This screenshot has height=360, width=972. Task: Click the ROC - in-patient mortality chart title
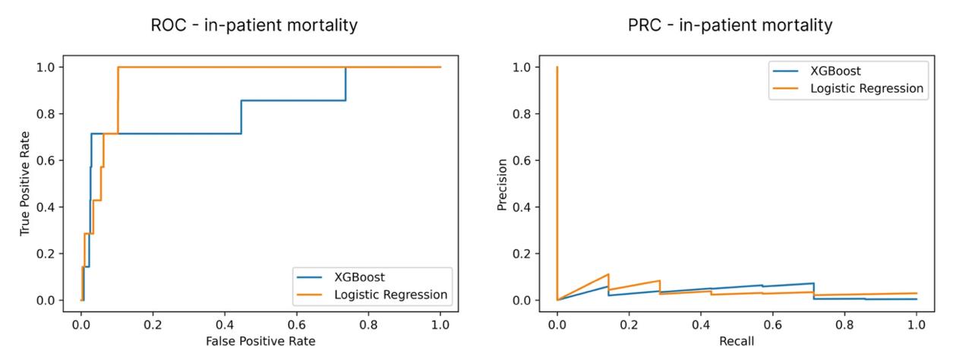pos(253,25)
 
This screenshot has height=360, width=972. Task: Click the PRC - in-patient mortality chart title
pos(730,25)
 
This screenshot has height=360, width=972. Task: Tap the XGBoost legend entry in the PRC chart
pos(835,71)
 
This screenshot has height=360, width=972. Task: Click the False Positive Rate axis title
pos(260,342)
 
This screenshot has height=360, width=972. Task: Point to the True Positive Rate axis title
pos(26,183)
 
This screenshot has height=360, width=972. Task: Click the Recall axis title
pos(737,342)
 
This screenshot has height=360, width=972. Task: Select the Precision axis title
pos(502,183)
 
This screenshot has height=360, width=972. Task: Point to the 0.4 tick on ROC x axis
pos(225,321)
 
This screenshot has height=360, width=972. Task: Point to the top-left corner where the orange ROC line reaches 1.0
pos(118,67)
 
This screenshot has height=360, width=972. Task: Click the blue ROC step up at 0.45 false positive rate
pos(241,117)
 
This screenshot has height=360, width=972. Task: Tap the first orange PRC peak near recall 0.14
pos(608,274)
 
